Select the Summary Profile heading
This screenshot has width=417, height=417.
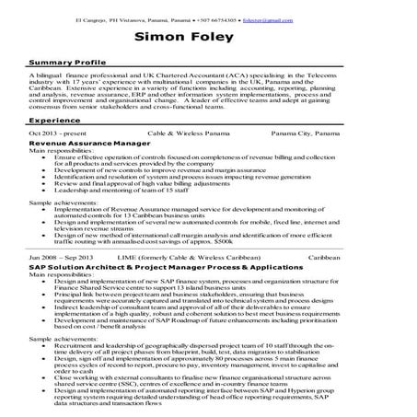[x=66, y=62]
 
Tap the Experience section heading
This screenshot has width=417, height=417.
[x=54, y=121]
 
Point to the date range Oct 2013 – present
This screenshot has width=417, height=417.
[x=55, y=135]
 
